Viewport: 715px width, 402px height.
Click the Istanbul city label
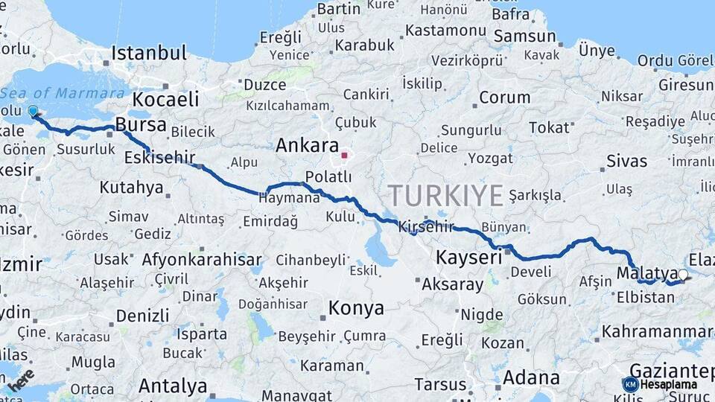pos(149,53)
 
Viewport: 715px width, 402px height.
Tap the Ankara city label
pos(307,145)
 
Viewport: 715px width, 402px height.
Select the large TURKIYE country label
pos(445,195)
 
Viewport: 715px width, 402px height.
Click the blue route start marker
pos(32,112)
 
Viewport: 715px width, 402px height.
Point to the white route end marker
pos(683,275)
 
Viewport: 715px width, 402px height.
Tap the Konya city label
pos(356,307)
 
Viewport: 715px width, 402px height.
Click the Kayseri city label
pos(468,258)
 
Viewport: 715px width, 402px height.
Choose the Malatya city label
pos(646,273)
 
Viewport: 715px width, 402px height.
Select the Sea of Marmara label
pos(63,93)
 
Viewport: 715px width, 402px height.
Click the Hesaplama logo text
pos(668,384)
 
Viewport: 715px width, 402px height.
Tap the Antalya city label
pos(173,386)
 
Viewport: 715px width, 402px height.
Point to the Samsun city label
pos(524,36)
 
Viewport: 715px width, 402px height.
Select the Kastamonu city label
pos(445,31)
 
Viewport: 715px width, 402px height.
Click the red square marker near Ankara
pos(344,156)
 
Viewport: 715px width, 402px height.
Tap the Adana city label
pos(531,377)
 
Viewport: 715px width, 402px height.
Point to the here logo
pos(22,378)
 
